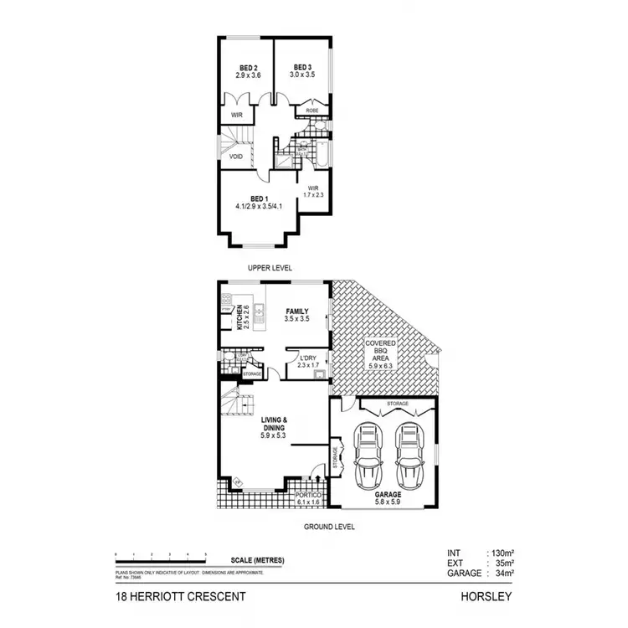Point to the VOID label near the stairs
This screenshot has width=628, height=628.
pyautogui.click(x=235, y=157)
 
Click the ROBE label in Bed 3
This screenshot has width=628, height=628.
pyautogui.click(x=311, y=111)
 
